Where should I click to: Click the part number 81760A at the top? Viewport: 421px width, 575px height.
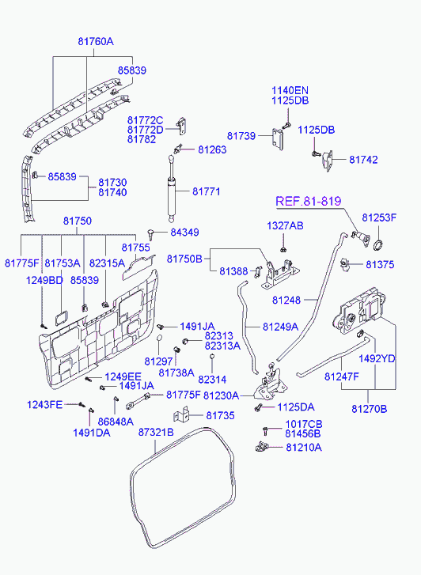(x=96, y=41)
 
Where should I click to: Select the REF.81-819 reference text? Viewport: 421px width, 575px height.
(x=309, y=201)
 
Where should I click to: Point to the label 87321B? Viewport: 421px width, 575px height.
(x=156, y=432)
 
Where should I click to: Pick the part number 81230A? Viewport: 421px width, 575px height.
(x=221, y=395)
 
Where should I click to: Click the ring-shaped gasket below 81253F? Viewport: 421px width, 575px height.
(x=378, y=244)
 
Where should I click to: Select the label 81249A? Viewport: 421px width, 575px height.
(x=280, y=327)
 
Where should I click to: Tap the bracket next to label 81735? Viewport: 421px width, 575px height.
(x=181, y=414)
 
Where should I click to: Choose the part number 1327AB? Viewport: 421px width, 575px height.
(x=285, y=225)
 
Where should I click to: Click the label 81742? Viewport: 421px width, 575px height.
(x=363, y=160)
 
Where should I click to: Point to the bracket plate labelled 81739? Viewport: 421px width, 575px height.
(x=278, y=138)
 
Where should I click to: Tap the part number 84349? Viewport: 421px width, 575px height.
(x=184, y=232)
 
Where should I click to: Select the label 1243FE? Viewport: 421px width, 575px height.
(x=45, y=405)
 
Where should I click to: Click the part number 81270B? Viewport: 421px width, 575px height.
(x=370, y=409)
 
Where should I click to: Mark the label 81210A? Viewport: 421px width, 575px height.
(x=304, y=448)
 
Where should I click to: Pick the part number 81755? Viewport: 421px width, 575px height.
(x=136, y=248)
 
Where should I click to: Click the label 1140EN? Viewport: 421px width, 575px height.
(x=290, y=90)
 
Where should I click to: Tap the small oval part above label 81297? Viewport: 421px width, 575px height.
(x=160, y=338)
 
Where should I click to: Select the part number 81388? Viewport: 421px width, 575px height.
(x=233, y=271)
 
